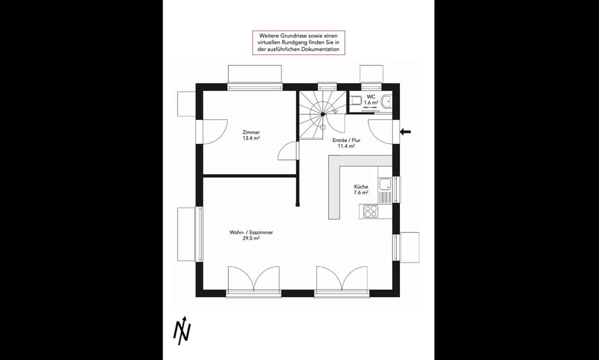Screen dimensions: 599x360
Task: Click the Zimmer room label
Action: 251,132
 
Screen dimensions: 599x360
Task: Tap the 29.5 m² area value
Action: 251,238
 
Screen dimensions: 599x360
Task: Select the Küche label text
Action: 361,187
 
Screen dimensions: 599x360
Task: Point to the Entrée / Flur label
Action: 346,141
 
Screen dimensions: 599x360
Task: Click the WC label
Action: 371,97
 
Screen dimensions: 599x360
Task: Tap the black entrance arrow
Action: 406,131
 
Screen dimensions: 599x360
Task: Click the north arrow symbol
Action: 182,331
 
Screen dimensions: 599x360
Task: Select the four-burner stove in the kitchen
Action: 371,212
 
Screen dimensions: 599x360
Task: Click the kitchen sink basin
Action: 385,185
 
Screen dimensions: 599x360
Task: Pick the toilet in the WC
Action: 356,101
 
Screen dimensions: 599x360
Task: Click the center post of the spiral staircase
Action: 323,114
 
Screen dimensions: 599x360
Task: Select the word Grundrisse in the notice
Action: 294,36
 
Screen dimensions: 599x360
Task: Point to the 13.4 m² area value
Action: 251,138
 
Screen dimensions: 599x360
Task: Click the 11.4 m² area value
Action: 346,146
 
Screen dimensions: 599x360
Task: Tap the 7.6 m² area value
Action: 361,192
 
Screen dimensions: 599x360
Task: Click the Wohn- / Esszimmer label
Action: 251,232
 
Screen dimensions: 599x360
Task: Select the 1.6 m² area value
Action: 371,103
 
